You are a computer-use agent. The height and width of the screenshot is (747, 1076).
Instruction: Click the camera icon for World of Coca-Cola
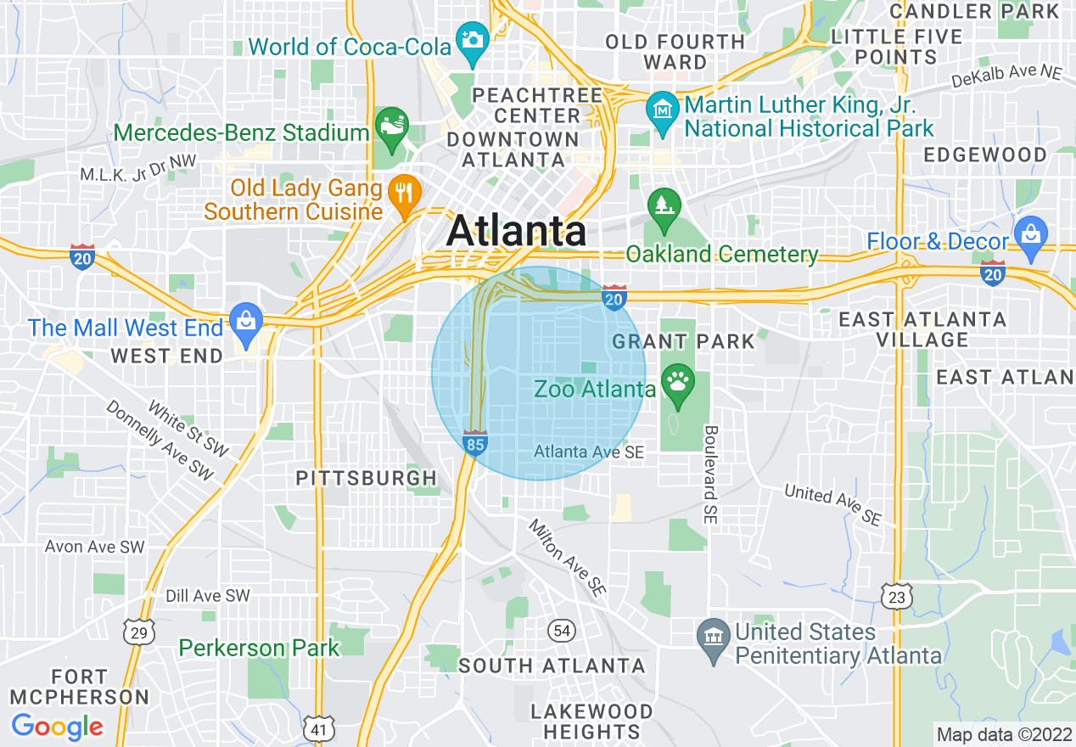[x=471, y=39]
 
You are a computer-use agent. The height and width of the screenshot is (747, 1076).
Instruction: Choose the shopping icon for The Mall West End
[x=246, y=321]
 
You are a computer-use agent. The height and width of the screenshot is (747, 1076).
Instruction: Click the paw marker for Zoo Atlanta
[x=676, y=379]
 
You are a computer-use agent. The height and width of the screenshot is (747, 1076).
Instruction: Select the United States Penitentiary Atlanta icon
[x=712, y=635]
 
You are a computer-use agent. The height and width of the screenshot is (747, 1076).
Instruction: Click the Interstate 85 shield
[x=475, y=443]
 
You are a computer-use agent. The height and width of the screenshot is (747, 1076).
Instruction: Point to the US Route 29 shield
[x=138, y=631]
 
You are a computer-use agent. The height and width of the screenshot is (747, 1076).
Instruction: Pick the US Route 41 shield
[x=317, y=727]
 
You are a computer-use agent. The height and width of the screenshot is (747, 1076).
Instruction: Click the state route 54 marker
[x=561, y=630]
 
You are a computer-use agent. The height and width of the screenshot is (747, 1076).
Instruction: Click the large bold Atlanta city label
[x=516, y=231]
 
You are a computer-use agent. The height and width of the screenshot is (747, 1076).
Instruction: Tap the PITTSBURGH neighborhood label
[x=366, y=479]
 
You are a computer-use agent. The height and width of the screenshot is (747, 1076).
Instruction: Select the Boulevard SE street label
[x=710, y=474]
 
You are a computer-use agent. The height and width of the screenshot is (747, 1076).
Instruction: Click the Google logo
[x=58, y=727]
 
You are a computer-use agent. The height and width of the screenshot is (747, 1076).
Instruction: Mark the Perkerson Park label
[x=259, y=649]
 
